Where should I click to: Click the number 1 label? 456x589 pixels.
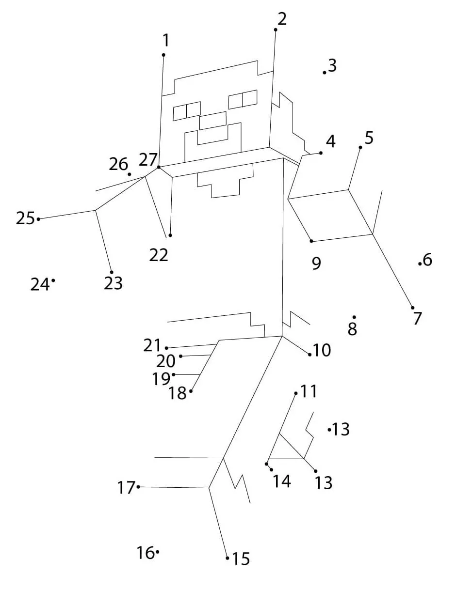tap(166, 40)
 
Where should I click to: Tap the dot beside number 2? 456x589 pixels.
tap(276, 30)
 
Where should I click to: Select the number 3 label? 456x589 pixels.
tap(332, 65)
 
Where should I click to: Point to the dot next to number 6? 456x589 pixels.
tap(420, 263)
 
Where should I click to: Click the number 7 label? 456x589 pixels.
tap(418, 318)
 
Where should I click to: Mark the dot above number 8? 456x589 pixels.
tap(354, 317)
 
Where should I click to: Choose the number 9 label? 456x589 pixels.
tap(316, 263)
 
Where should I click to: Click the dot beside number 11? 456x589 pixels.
tap(296, 393)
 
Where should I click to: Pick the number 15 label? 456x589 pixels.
tap(241, 559)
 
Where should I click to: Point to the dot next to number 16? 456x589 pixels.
tap(158, 551)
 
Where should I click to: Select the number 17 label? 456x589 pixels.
tap(126, 487)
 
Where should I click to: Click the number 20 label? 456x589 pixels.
tap(165, 361)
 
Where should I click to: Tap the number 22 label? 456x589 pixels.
tap(159, 255)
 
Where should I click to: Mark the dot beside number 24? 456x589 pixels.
tap(53, 280)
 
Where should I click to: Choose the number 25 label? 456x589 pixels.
tap(25, 218)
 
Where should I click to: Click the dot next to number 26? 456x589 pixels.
tap(130, 174)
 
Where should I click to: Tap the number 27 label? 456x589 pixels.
tap(148, 159)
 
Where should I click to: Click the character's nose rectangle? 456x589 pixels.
tap(213, 121)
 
